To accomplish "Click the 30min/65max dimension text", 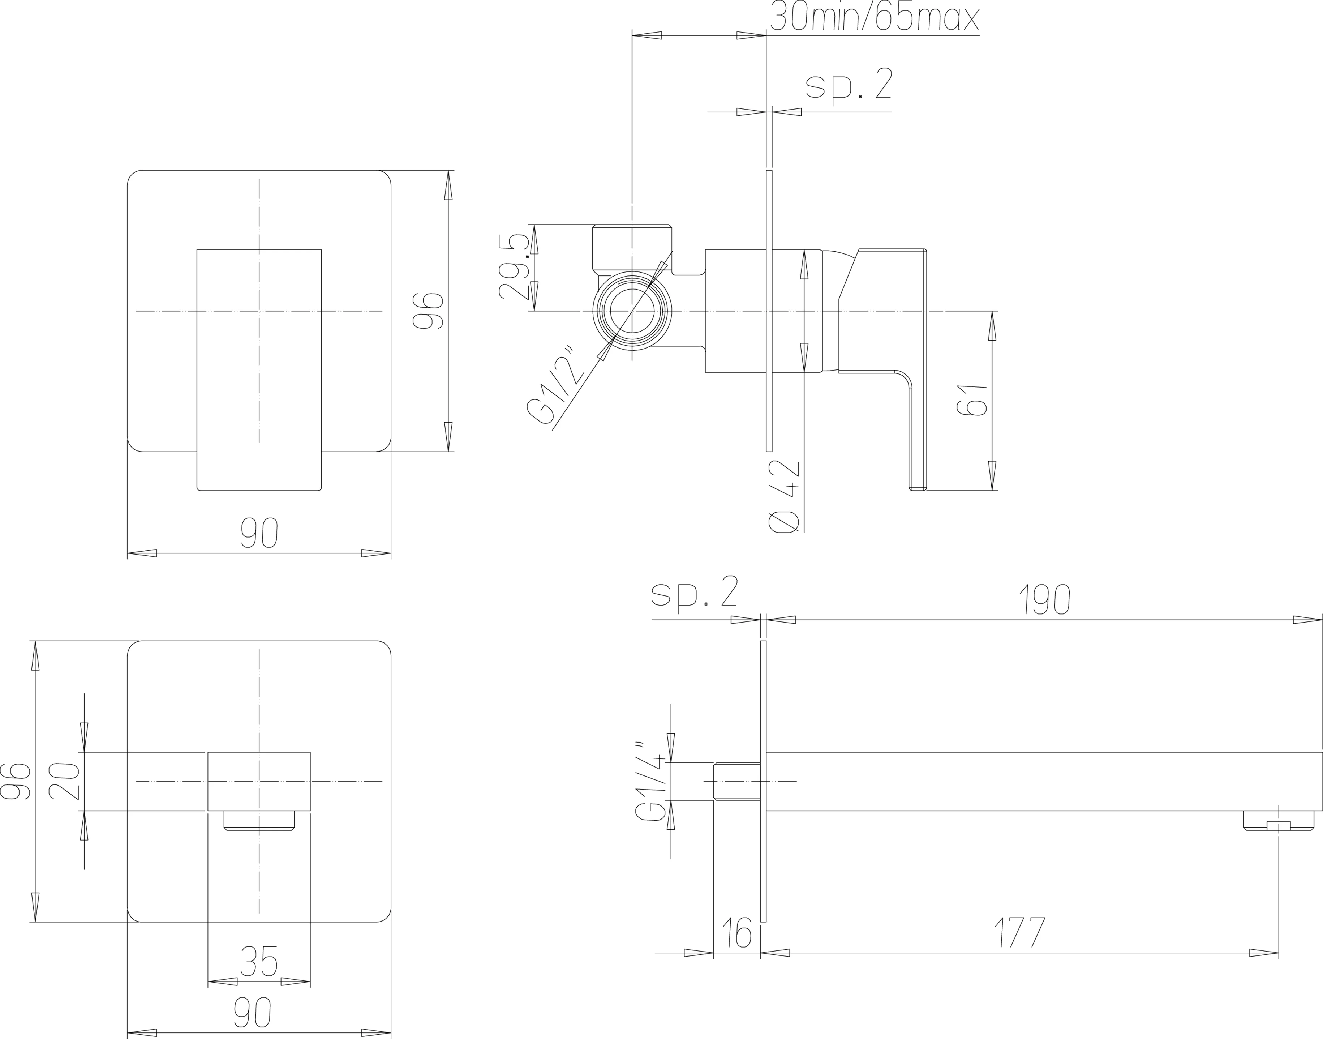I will click(874, 17).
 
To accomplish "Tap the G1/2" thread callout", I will click(558, 385).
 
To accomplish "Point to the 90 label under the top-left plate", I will click(259, 533).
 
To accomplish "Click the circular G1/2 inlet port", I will click(632, 311).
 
